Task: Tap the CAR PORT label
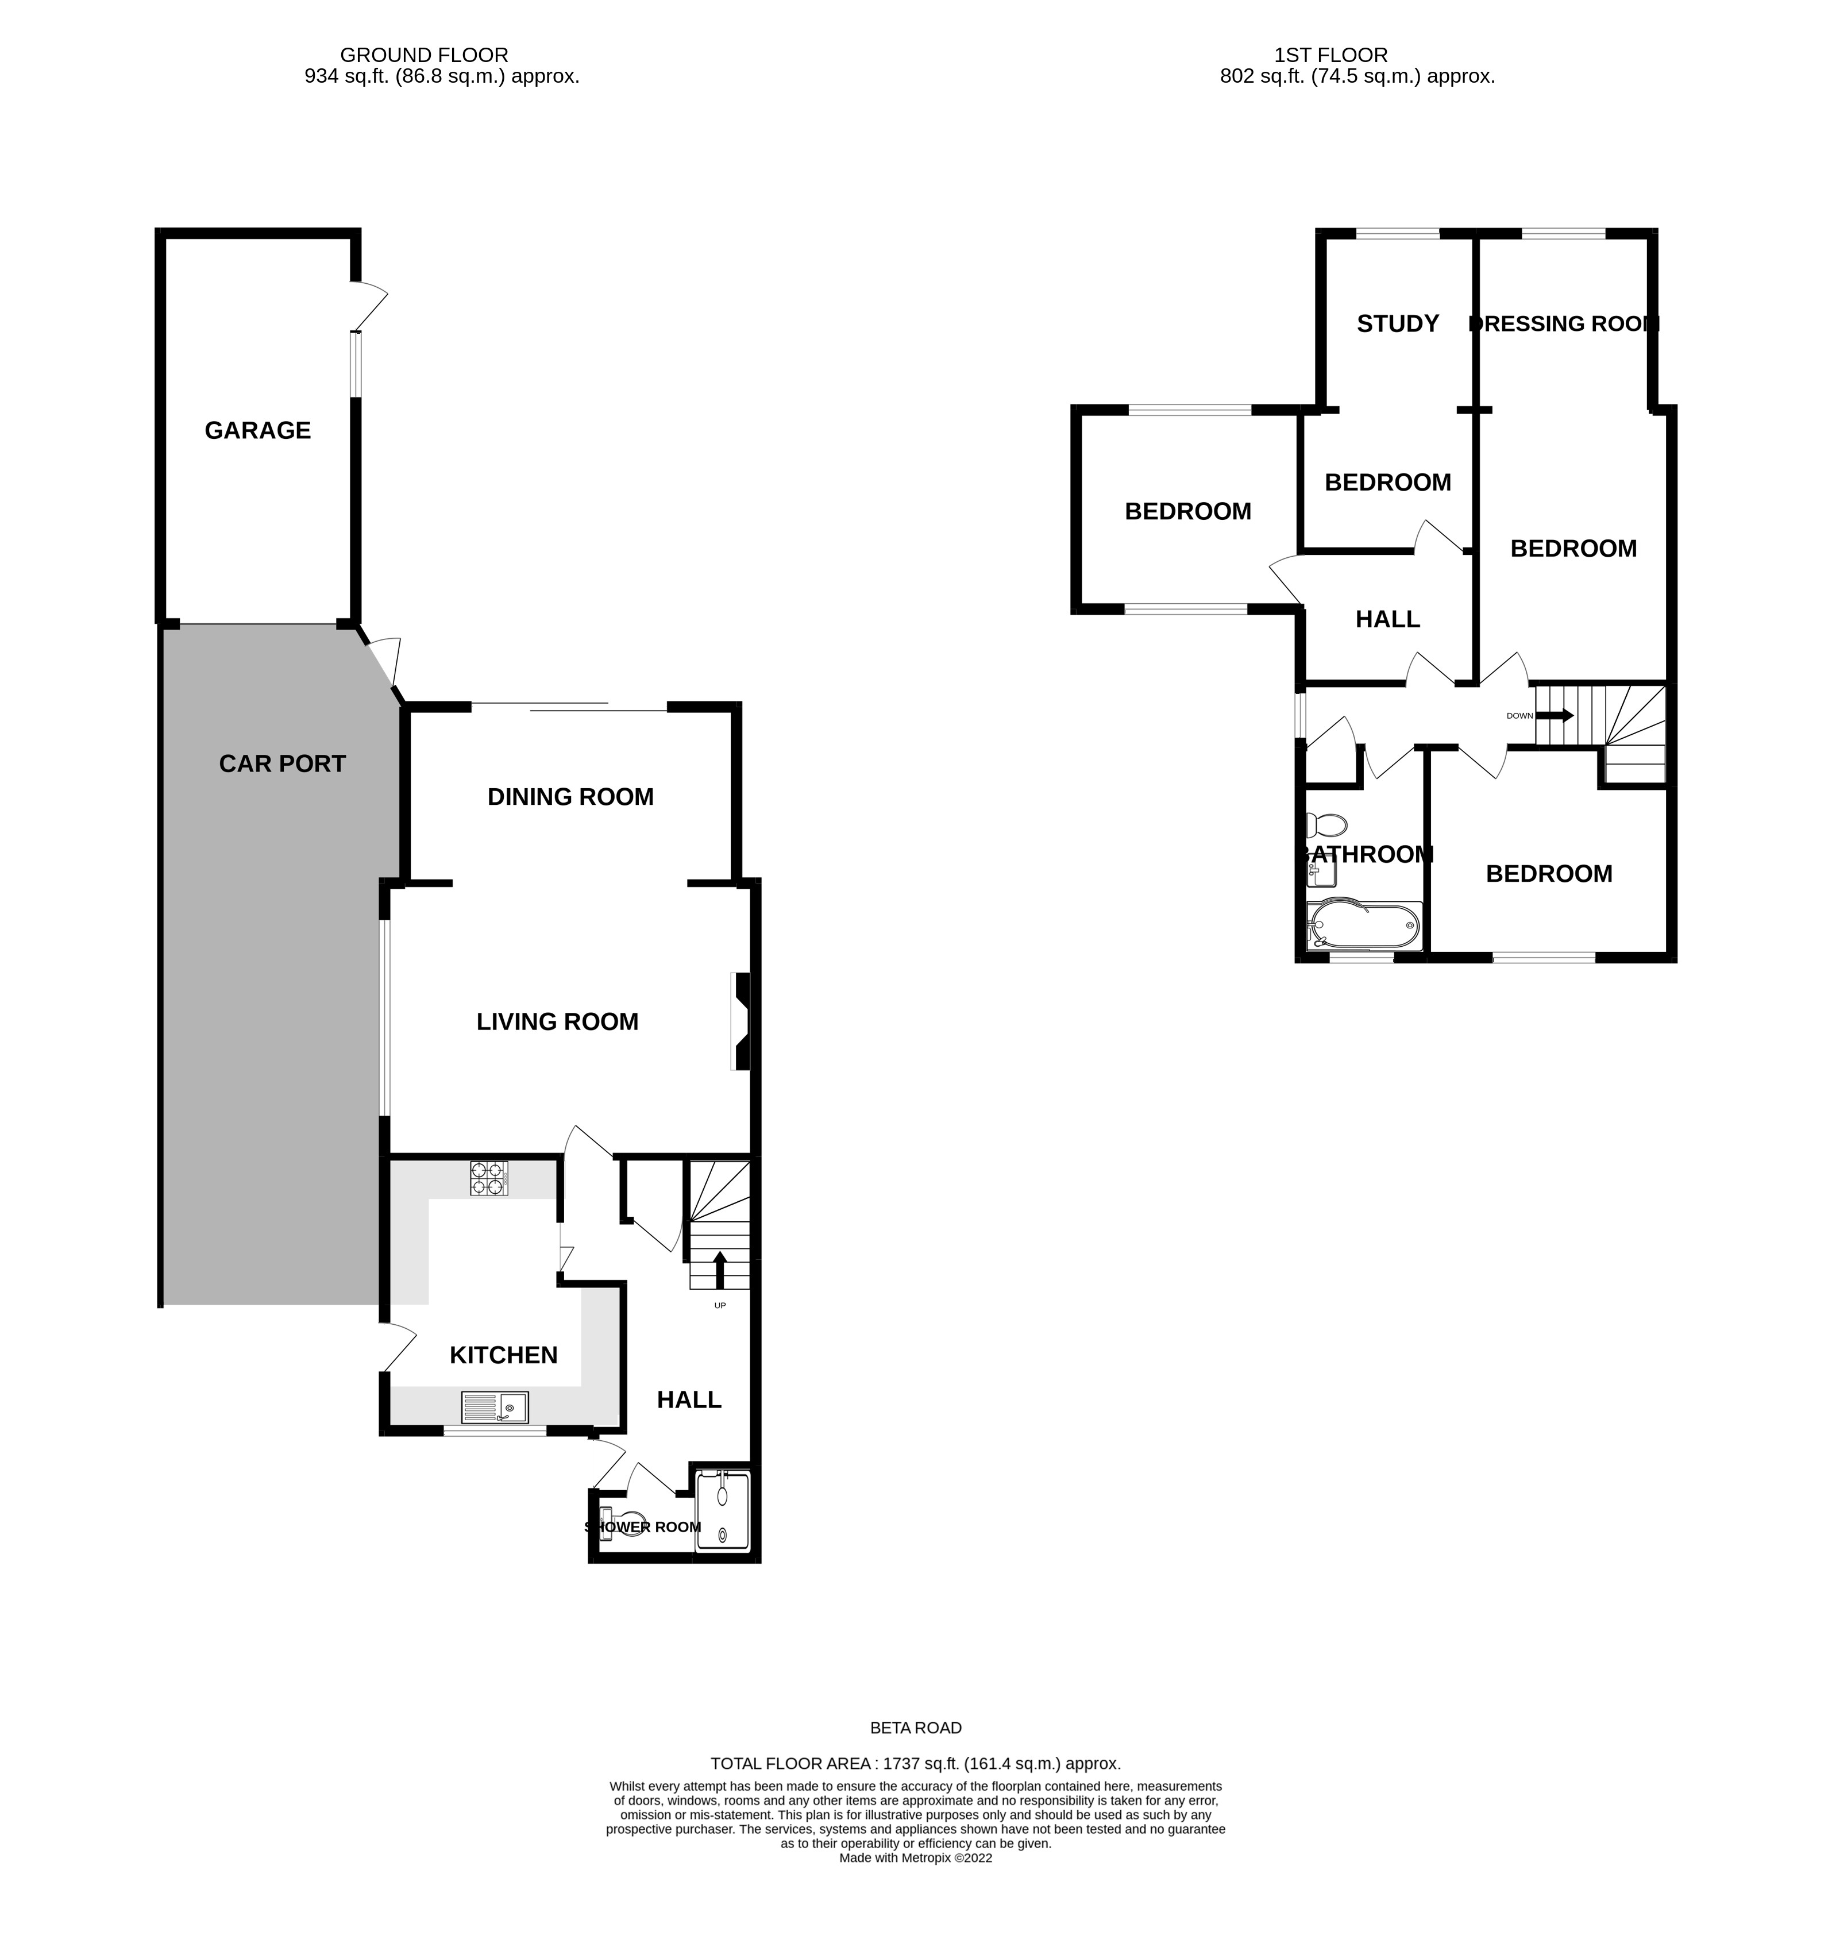click(x=282, y=763)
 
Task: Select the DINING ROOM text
click(x=570, y=796)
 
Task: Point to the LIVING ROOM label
click(x=558, y=1022)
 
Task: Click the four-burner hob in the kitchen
click(x=489, y=1178)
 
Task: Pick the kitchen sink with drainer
click(x=495, y=1407)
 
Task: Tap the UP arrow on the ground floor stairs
click(x=719, y=1269)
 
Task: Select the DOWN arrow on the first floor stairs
click(x=1555, y=715)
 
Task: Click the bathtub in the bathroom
click(x=1364, y=926)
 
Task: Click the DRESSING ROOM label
click(x=1564, y=323)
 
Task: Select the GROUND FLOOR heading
click(x=424, y=55)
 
